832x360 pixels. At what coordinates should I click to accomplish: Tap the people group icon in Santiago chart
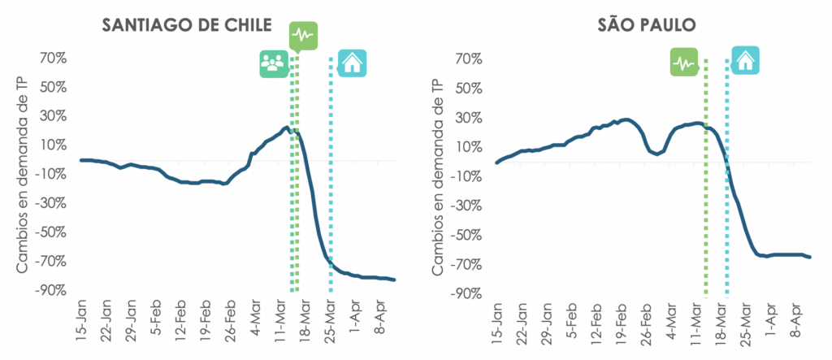tap(274, 63)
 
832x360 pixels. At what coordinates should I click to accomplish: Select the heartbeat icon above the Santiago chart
tap(303, 36)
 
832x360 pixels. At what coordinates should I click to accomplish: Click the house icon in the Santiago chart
tap(353, 63)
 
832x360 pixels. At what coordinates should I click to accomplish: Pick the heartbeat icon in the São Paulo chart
tap(685, 62)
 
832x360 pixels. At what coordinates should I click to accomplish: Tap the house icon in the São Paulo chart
tap(745, 59)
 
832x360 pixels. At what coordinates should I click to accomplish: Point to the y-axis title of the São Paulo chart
tap(438, 175)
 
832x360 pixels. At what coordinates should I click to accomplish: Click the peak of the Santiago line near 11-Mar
tap(285, 128)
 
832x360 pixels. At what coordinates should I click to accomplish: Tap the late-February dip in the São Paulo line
tap(656, 153)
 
